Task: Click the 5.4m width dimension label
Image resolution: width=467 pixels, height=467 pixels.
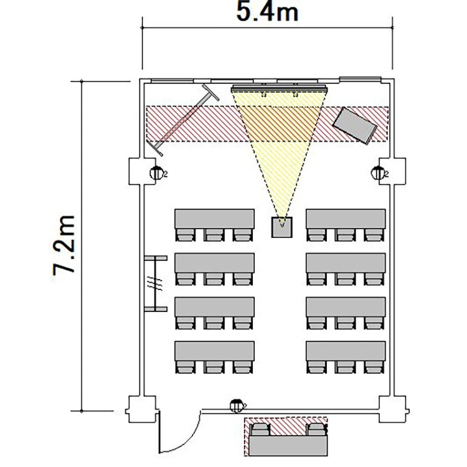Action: [x=267, y=12]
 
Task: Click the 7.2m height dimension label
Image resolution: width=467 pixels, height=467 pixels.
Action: [x=64, y=245]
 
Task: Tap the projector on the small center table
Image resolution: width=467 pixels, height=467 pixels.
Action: [x=281, y=227]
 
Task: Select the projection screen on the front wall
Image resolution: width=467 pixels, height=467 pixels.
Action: [x=280, y=88]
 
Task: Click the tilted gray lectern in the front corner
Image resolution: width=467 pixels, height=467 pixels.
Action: [x=355, y=125]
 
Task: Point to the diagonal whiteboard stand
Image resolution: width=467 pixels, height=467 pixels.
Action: [x=183, y=120]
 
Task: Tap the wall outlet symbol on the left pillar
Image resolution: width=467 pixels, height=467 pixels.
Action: [x=157, y=173]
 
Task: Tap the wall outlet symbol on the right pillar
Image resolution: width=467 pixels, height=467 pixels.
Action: [x=379, y=173]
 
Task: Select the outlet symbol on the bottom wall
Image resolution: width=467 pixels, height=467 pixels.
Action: [x=237, y=405]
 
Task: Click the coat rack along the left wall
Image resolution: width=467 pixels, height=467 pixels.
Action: [x=156, y=283]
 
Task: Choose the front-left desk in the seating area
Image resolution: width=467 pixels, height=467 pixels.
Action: [x=214, y=219]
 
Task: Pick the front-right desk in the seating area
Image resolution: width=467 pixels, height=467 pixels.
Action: [x=346, y=219]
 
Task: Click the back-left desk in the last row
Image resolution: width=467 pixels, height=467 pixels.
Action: [x=214, y=351]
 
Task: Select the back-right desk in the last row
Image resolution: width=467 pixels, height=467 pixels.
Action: [x=346, y=351]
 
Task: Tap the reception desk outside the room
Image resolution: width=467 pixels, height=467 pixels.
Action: [x=288, y=446]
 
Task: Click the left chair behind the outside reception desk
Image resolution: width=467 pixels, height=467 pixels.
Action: [x=261, y=429]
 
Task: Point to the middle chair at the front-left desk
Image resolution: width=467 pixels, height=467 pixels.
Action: [x=214, y=235]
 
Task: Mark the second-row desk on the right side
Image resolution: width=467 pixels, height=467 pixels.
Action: [x=346, y=263]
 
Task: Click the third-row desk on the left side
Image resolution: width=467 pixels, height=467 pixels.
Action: [x=214, y=307]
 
